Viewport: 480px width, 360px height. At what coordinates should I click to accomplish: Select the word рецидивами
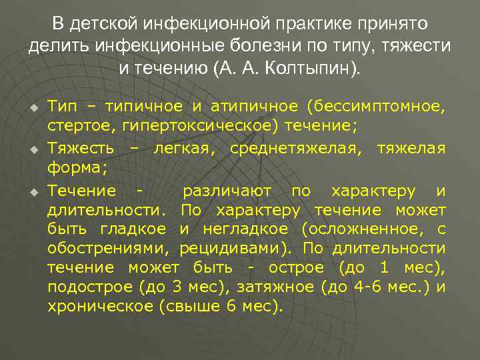237,249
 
